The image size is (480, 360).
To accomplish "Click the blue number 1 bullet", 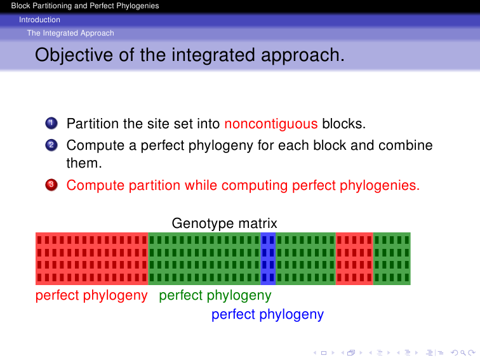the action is pos(51,123).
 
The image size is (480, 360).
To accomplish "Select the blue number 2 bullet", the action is pos(51,145).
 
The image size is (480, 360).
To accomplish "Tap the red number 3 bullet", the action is pos(51,185).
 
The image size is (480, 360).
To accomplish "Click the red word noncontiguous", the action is pos(271,124).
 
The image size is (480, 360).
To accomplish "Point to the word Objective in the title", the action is pos(74,55).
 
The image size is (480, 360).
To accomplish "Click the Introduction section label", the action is pos(39,20).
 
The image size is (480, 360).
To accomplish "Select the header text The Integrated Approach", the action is pos(70,33).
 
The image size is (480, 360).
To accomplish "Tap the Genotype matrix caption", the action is pos(224,223).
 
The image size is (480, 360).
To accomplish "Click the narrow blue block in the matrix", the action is pos(268,258).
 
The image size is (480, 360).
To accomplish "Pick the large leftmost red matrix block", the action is pos(92,258).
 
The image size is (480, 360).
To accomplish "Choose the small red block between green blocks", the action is pos(354,258).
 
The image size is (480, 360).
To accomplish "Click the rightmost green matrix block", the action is pos(392,258).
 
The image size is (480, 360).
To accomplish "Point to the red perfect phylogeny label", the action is pos(91,295).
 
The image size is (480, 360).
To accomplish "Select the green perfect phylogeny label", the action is pos(215,295).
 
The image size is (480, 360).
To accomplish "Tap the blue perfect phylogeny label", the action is pos(267,314).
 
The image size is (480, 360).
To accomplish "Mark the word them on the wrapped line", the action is pos(84,163).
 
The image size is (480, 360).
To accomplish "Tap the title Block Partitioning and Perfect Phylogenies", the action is pos(85,6).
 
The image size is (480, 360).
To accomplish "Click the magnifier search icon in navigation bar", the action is pos(463,353).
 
